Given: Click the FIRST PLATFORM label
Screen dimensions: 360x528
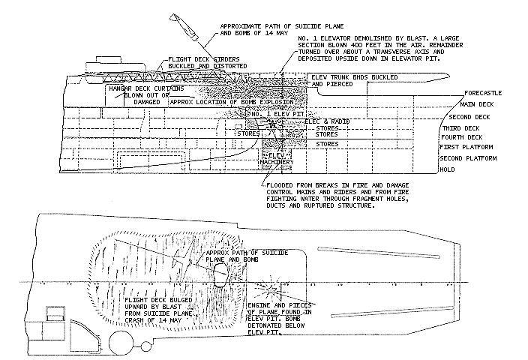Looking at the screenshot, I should pyautogui.click(x=463, y=148).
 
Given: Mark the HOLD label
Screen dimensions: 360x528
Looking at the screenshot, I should pyautogui.click(x=448, y=169).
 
